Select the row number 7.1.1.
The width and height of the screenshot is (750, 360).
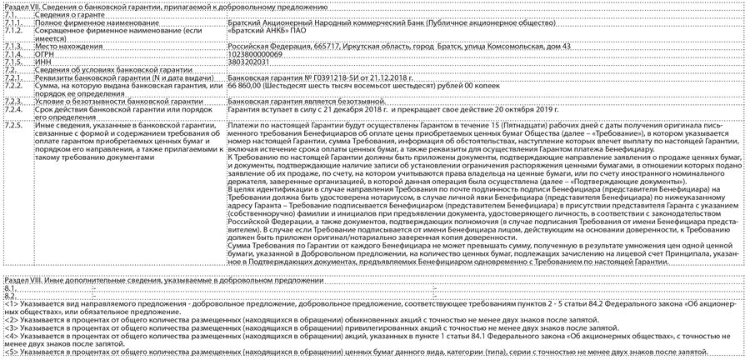click(x=12, y=22)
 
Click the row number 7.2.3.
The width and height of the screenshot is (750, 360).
click(x=12, y=100)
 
